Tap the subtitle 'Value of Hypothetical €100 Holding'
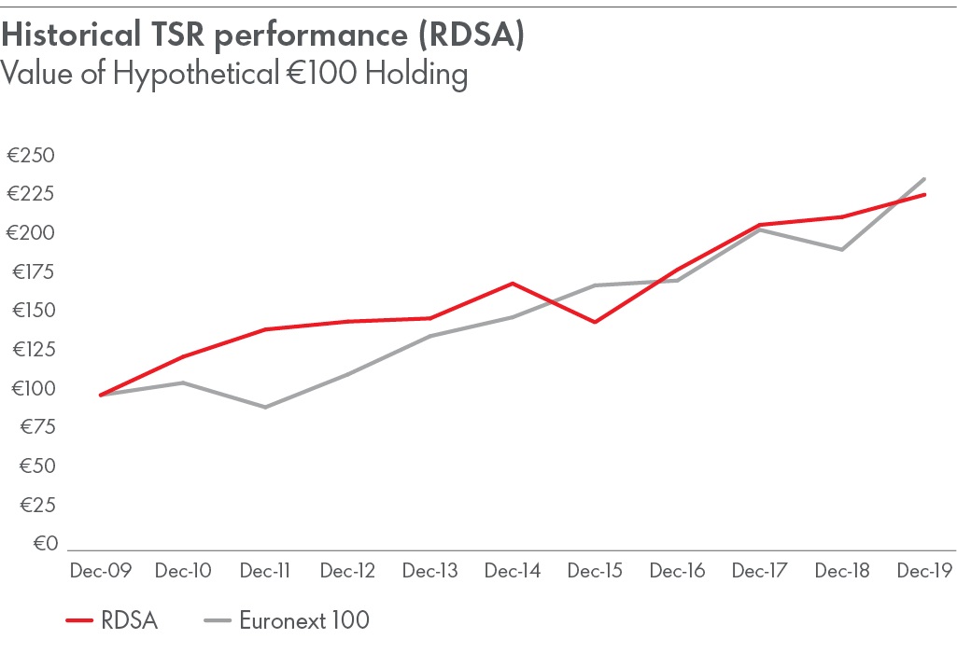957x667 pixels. pos(233,73)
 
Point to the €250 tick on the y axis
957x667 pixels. pos(32,155)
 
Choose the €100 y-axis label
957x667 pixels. pos(32,388)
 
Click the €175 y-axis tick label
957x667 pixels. pos(32,271)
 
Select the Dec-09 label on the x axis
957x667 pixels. pos(100,571)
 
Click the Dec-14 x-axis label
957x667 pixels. pos(513,571)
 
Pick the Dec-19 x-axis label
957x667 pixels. pos(924,571)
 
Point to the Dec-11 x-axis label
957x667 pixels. pos(265,571)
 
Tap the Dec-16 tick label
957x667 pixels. pos(677,571)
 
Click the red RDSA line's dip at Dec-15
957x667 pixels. pos(595,322)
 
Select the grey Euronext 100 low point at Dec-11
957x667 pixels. pos(265,407)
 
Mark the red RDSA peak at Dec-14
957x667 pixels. pos(513,283)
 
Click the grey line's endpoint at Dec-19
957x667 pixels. pos(924,178)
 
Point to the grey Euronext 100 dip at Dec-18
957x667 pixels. pos(842,249)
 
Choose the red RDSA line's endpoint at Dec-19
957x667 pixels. pos(924,194)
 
